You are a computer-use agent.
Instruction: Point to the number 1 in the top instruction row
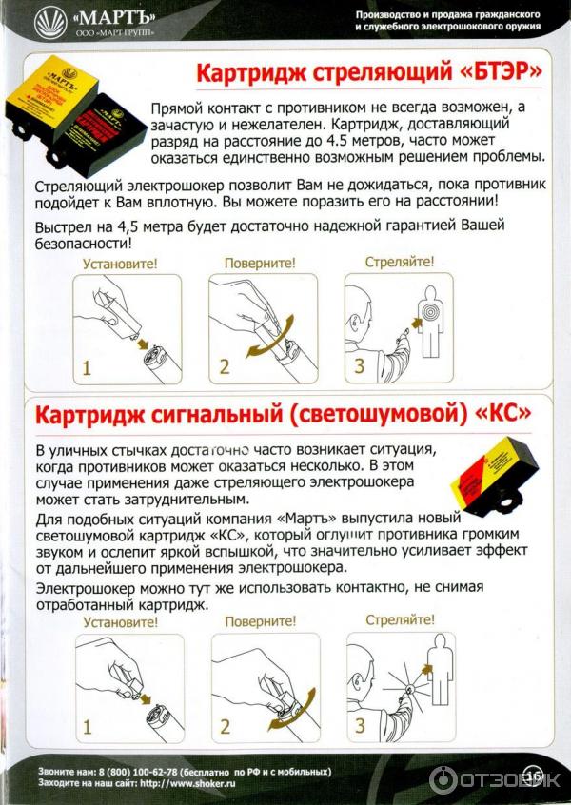(x=87, y=367)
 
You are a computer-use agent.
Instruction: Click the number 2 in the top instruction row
(x=224, y=367)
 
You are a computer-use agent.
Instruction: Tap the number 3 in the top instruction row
(x=359, y=367)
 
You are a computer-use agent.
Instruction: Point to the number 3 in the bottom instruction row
(x=360, y=727)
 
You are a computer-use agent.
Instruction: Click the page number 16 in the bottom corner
(x=532, y=776)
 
